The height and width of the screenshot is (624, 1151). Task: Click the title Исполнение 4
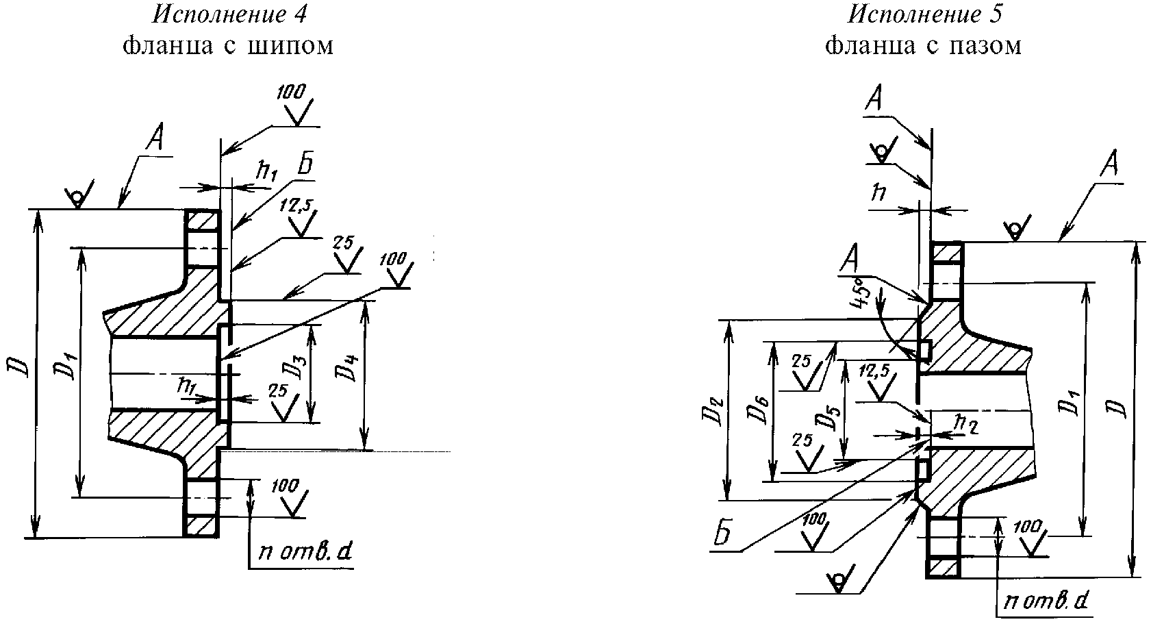(229, 14)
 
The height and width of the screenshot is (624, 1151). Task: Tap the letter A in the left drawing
(155, 140)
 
